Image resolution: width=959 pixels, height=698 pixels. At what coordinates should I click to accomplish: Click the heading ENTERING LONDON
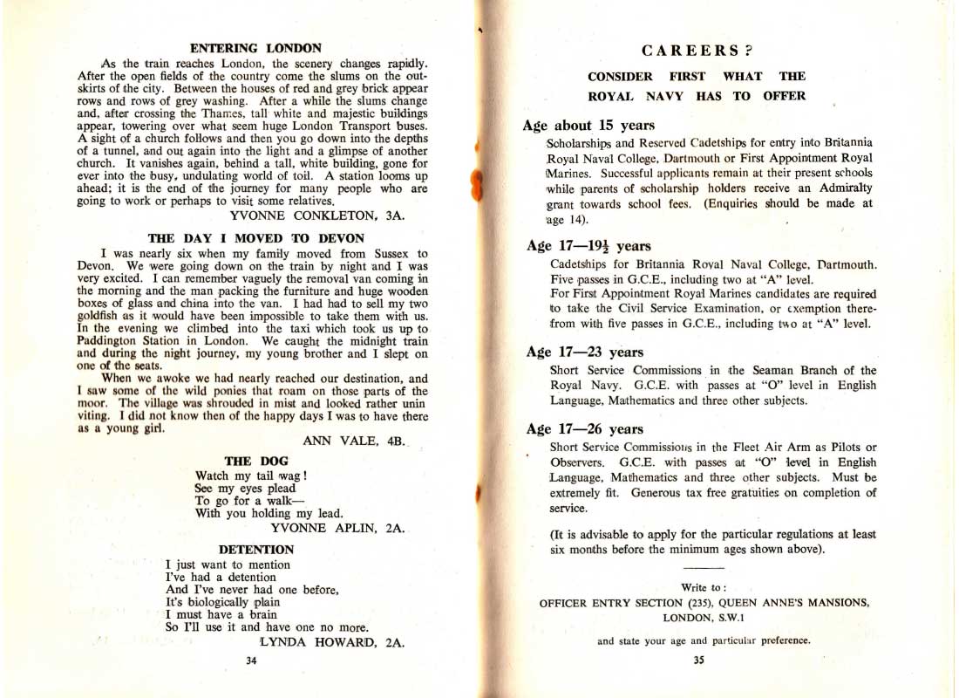pos(255,48)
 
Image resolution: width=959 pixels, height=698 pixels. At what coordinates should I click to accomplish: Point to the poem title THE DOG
pos(250,461)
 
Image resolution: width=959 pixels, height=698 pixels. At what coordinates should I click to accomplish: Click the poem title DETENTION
pos(255,550)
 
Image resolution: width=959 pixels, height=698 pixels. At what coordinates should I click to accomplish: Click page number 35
pos(698,660)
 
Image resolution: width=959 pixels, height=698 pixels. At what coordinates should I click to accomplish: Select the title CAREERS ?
pos(697,51)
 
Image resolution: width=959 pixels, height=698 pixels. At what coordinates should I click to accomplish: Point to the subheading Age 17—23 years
pos(585,352)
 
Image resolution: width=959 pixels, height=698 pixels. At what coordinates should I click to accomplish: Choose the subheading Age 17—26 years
pos(585,429)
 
